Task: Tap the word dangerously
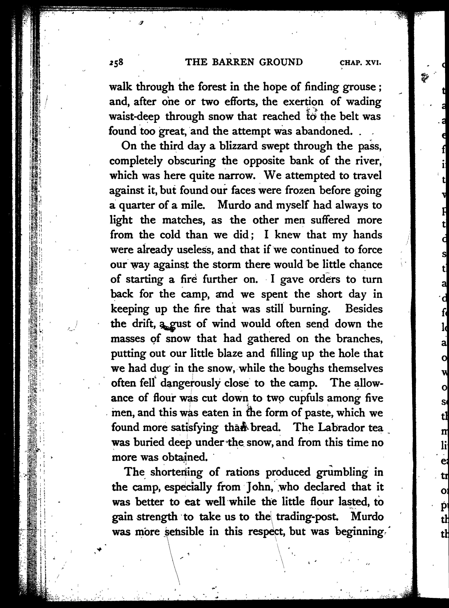tap(191, 383)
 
